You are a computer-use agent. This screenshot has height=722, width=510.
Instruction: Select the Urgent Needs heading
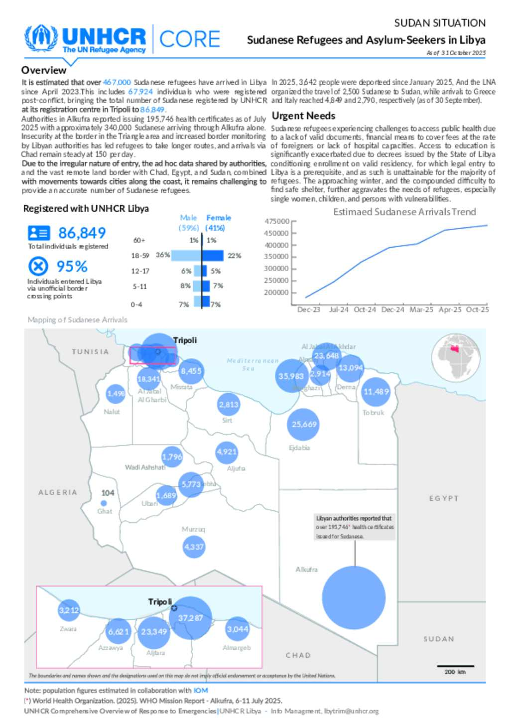click(303, 116)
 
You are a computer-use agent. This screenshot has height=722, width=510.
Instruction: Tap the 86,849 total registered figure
click(82, 233)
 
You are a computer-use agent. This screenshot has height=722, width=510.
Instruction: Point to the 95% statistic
click(72, 266)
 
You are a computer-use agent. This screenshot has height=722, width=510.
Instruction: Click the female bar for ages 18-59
click(213, 256)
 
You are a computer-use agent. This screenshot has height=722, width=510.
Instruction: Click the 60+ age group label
click(139, 240)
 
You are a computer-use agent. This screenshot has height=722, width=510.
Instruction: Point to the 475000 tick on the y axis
click(276, 221)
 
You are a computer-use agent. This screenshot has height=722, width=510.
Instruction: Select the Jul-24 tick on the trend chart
click(339, 309)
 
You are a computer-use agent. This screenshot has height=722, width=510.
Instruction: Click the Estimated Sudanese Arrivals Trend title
click(404, 212)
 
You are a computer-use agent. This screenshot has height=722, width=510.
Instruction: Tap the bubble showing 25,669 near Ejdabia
click(304, 425)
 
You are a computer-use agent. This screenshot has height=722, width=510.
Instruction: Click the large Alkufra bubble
click(354, 597)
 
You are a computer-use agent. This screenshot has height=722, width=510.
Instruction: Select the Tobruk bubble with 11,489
click(376, 392)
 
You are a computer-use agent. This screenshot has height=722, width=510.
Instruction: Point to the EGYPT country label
click(444, 498)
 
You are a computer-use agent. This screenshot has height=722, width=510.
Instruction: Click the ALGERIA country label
click(58, 492)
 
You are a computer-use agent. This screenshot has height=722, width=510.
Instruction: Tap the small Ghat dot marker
click(104, 503)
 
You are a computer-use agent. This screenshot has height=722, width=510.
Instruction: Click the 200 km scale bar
click(455, 666)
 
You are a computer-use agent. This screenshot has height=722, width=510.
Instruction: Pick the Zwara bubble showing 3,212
click(69, 610)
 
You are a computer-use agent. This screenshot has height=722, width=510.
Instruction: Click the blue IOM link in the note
click(201, 691)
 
